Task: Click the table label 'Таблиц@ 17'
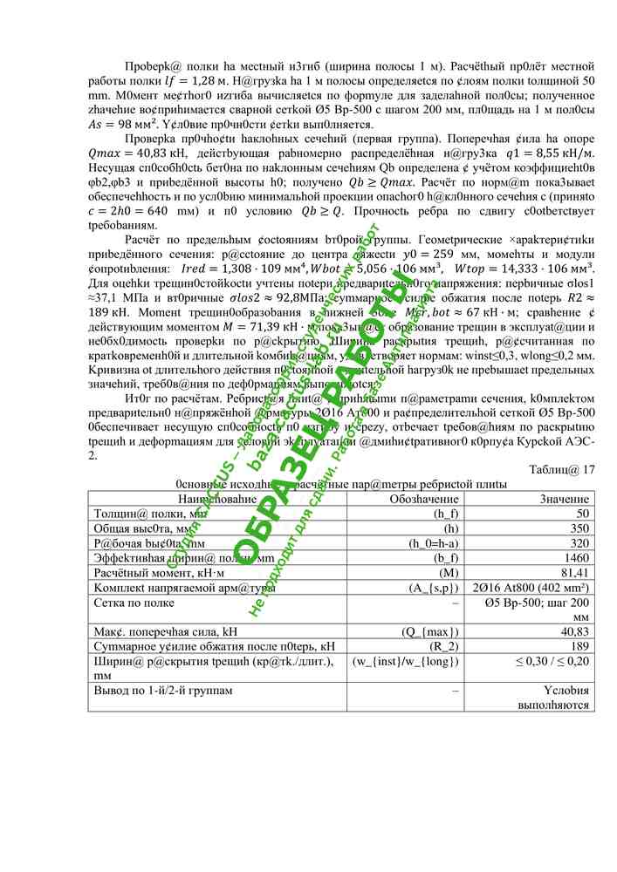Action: (561, 469)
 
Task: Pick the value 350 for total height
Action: (579, 528)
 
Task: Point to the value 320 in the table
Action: (579, 543)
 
